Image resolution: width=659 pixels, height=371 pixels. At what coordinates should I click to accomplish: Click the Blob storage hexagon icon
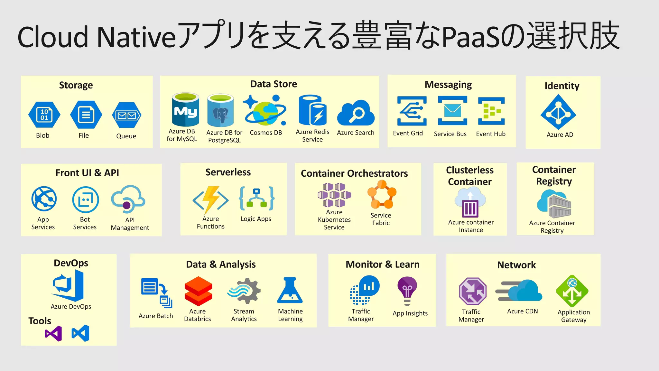(44, 115)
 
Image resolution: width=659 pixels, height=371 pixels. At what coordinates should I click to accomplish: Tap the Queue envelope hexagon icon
(126, 115)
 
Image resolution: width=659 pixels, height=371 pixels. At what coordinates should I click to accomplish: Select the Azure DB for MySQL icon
(185, 110)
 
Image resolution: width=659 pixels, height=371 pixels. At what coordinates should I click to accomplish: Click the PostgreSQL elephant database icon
(220, 111)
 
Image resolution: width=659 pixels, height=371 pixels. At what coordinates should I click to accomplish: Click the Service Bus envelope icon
(452, 111)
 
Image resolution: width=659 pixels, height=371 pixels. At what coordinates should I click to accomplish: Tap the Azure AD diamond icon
(558, 112)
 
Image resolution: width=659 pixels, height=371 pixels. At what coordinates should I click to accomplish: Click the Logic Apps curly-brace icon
(256, 199)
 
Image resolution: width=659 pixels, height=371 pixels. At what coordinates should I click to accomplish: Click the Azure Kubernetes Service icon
(334, 195)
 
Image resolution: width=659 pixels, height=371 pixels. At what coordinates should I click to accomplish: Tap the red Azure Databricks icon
(198, 291)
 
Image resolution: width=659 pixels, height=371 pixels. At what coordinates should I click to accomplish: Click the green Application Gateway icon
(572, 291)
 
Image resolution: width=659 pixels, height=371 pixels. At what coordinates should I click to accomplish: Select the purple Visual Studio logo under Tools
(53, 333)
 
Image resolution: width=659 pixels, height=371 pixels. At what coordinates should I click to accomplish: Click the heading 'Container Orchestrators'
(354, 173)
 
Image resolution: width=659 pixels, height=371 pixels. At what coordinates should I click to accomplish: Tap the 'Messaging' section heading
(448, 85)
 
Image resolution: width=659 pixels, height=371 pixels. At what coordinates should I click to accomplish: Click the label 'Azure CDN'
(523, 311)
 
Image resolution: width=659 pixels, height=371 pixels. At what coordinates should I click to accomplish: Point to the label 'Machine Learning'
(290, 315)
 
